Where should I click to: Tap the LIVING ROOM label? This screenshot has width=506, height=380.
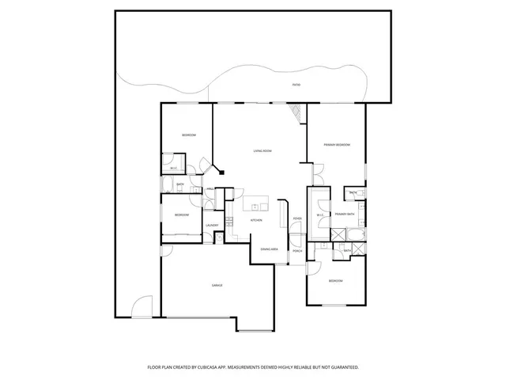262,150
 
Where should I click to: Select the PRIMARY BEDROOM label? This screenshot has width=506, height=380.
337,145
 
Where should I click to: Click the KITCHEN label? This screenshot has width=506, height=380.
256,220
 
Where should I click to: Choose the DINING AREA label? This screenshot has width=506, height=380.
269,249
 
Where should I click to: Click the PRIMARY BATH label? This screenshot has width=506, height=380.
344,215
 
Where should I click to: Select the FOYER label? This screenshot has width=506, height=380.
297,218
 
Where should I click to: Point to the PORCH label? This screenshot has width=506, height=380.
297,251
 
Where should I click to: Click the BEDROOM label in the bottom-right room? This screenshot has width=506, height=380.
336,281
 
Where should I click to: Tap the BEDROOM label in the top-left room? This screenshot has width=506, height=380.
188,135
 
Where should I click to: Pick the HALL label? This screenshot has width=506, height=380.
211,189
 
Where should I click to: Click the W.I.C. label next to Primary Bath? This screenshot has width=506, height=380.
320,215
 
